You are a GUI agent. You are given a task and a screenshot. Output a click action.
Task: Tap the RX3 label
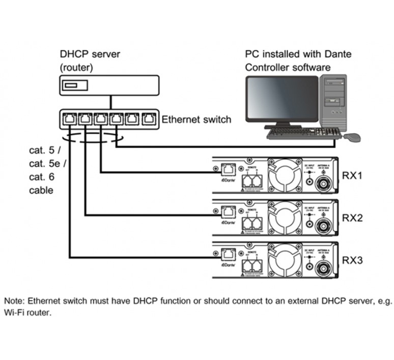coord(352,260)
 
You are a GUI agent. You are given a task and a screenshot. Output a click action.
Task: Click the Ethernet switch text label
coord(196,120)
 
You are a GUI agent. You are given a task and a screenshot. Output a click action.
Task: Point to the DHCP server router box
coord(109,85)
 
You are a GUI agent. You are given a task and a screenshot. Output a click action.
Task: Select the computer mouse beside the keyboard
coord(352,136)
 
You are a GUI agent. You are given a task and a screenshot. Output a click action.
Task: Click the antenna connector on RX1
coord(323,185)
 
